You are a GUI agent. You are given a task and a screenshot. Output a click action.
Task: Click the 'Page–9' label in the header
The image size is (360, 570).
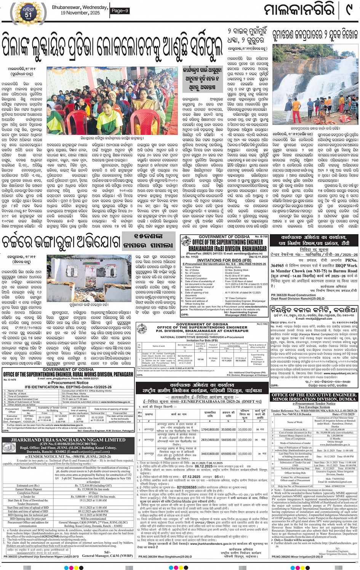coord(120,11)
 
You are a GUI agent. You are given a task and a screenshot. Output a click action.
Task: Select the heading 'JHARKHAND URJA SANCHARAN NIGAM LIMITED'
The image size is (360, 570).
coord(68,440)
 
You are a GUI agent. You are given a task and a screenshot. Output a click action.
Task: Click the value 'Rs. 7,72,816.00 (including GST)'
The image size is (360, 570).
coord(93,485)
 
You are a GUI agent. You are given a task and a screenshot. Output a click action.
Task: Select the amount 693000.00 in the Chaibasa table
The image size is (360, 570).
coord(228,454)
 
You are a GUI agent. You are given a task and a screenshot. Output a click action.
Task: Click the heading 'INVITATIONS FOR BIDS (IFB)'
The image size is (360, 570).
coord(224,260)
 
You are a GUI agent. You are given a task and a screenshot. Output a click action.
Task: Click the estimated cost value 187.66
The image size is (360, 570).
coord(200,359)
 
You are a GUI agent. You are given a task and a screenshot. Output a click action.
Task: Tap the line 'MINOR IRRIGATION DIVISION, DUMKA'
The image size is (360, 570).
coord(314,399)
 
